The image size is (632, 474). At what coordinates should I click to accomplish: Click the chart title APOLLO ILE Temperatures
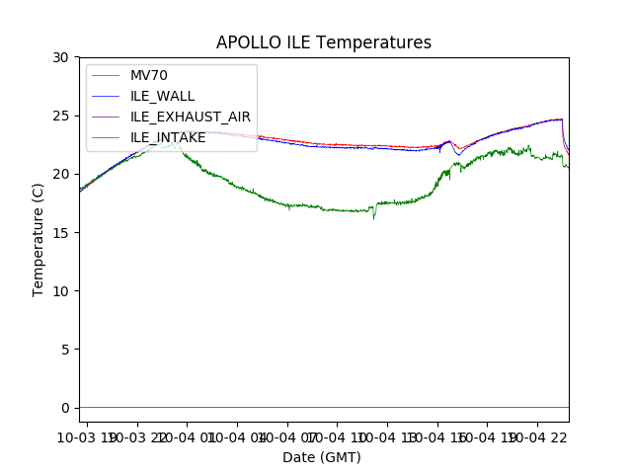324,42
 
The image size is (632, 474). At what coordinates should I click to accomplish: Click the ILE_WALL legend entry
162,96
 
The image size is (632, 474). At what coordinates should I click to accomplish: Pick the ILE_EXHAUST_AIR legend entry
190,117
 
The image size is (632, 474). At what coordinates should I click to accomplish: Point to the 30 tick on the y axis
61,57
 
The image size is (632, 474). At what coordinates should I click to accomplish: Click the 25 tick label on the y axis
61,116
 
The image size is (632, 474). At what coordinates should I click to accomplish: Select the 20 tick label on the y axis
61,174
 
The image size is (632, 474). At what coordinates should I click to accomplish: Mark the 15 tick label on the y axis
61,232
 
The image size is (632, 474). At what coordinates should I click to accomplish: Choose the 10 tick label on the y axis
61,290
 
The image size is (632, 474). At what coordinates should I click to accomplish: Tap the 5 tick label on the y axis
65,349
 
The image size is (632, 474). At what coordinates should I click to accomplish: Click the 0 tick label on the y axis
65,407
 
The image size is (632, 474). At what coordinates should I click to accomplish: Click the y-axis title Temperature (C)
39,239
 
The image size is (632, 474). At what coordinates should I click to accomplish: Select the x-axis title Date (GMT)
322,457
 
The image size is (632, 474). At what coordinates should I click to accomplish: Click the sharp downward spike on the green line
373,217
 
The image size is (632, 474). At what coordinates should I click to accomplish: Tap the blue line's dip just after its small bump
458,154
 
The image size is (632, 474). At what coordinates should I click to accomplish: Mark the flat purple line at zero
324,407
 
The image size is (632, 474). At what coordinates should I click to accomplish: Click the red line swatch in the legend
106,76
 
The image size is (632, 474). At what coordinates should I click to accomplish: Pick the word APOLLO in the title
249,42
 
